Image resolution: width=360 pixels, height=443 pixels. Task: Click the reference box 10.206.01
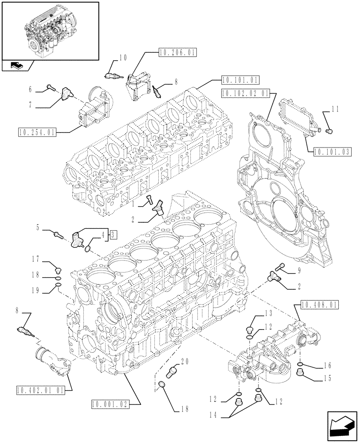tap(177, 52)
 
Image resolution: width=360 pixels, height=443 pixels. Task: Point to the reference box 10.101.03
tap(332, 152)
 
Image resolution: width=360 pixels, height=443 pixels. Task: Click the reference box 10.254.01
tap(37, 132)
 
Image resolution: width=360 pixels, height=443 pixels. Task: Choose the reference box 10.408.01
tap(319, 305)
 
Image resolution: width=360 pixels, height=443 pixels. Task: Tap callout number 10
tap(123, 57)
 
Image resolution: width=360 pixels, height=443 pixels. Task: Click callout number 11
tap(335, 108)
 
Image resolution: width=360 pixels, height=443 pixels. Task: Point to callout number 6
tap(31, 89)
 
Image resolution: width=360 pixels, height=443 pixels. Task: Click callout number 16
tap(327, 366)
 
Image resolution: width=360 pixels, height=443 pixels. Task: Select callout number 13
tap(268, 313)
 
